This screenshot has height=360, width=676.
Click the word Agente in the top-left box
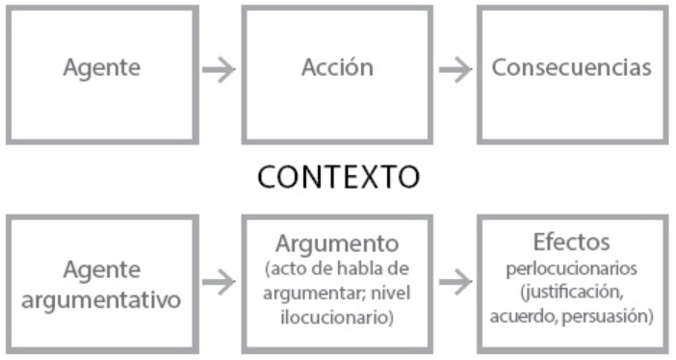click(x=101, y=68)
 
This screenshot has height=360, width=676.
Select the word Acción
click(x=337, y=68)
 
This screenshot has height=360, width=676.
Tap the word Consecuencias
click(x=571, y=68)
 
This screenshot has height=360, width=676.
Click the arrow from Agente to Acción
click(x=219, y=69)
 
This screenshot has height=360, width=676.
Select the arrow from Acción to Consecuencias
click(x=455, y=69)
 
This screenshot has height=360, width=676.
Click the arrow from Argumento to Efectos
click(x=455, y=282)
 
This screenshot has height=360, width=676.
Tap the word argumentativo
click(x=102, y=298)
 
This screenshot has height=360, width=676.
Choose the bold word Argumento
click(x=337, y=242)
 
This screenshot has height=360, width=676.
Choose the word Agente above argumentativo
click(x=102, y=269)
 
